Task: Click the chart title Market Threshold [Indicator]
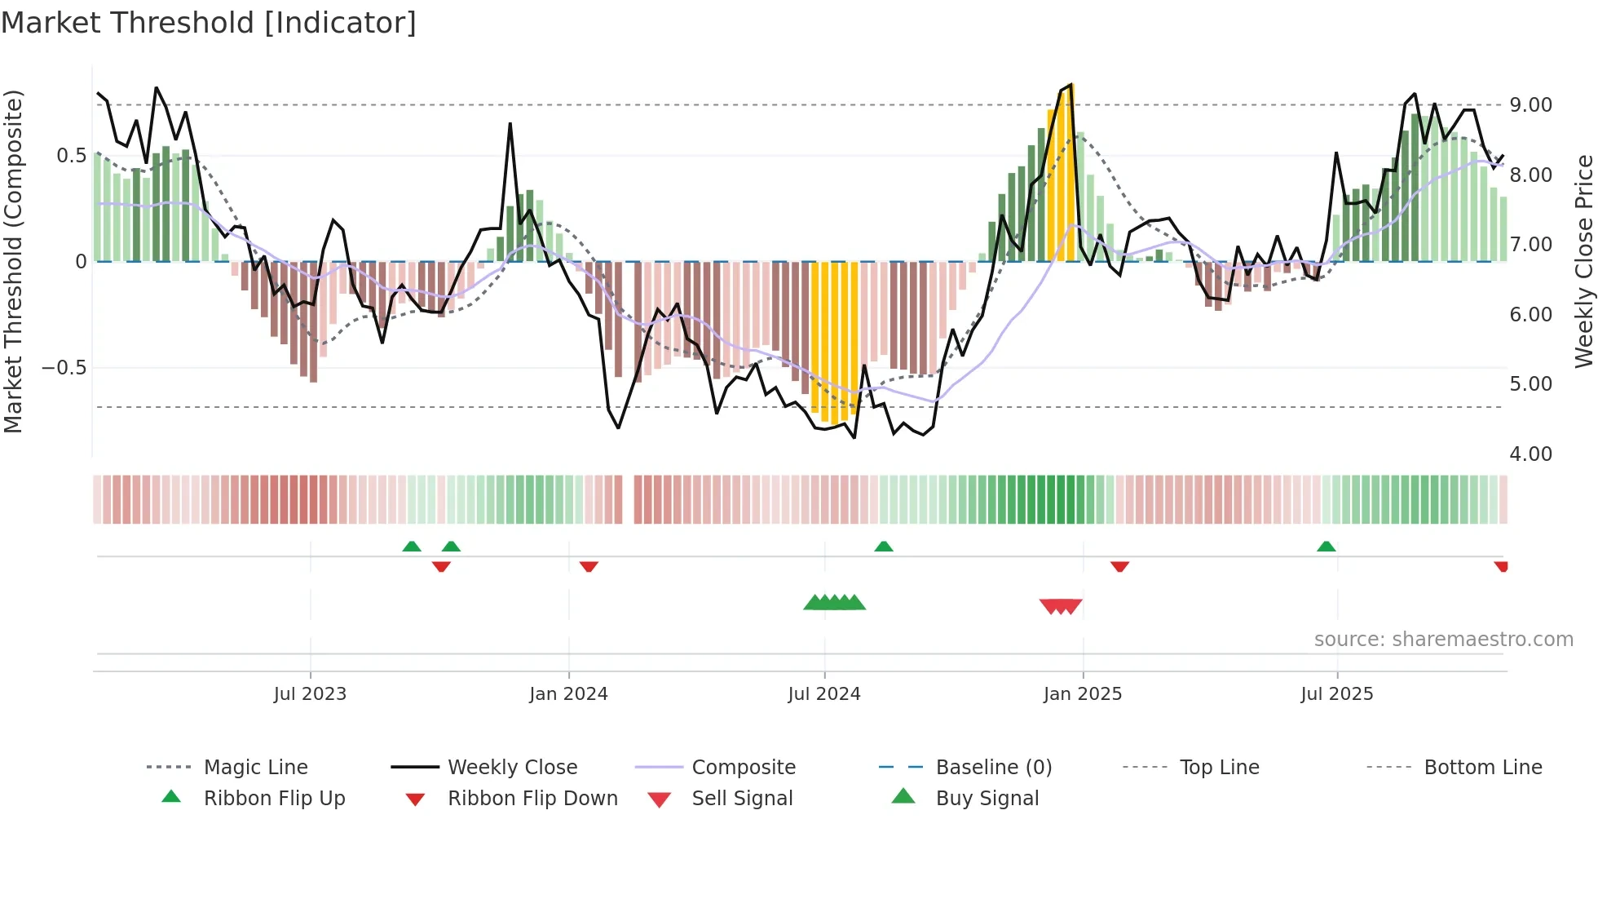point(209,23)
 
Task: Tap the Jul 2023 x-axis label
point(310,694)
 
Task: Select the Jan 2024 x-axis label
point(568,694)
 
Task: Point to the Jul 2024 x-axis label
point(824,694)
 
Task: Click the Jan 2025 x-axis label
point(1083,694)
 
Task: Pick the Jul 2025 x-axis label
point(1337,694)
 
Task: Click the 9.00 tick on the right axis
point(1530,105)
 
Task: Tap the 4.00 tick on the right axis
point(1530,454)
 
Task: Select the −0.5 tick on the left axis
point(64,368)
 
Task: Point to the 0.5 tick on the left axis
point(71,156)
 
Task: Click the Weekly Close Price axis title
point(1583,261)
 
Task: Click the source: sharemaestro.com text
point(1443,640)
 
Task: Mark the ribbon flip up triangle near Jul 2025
point(1326,547)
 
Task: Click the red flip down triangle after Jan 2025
point(1119,566)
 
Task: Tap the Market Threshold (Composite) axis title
point(13,261)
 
